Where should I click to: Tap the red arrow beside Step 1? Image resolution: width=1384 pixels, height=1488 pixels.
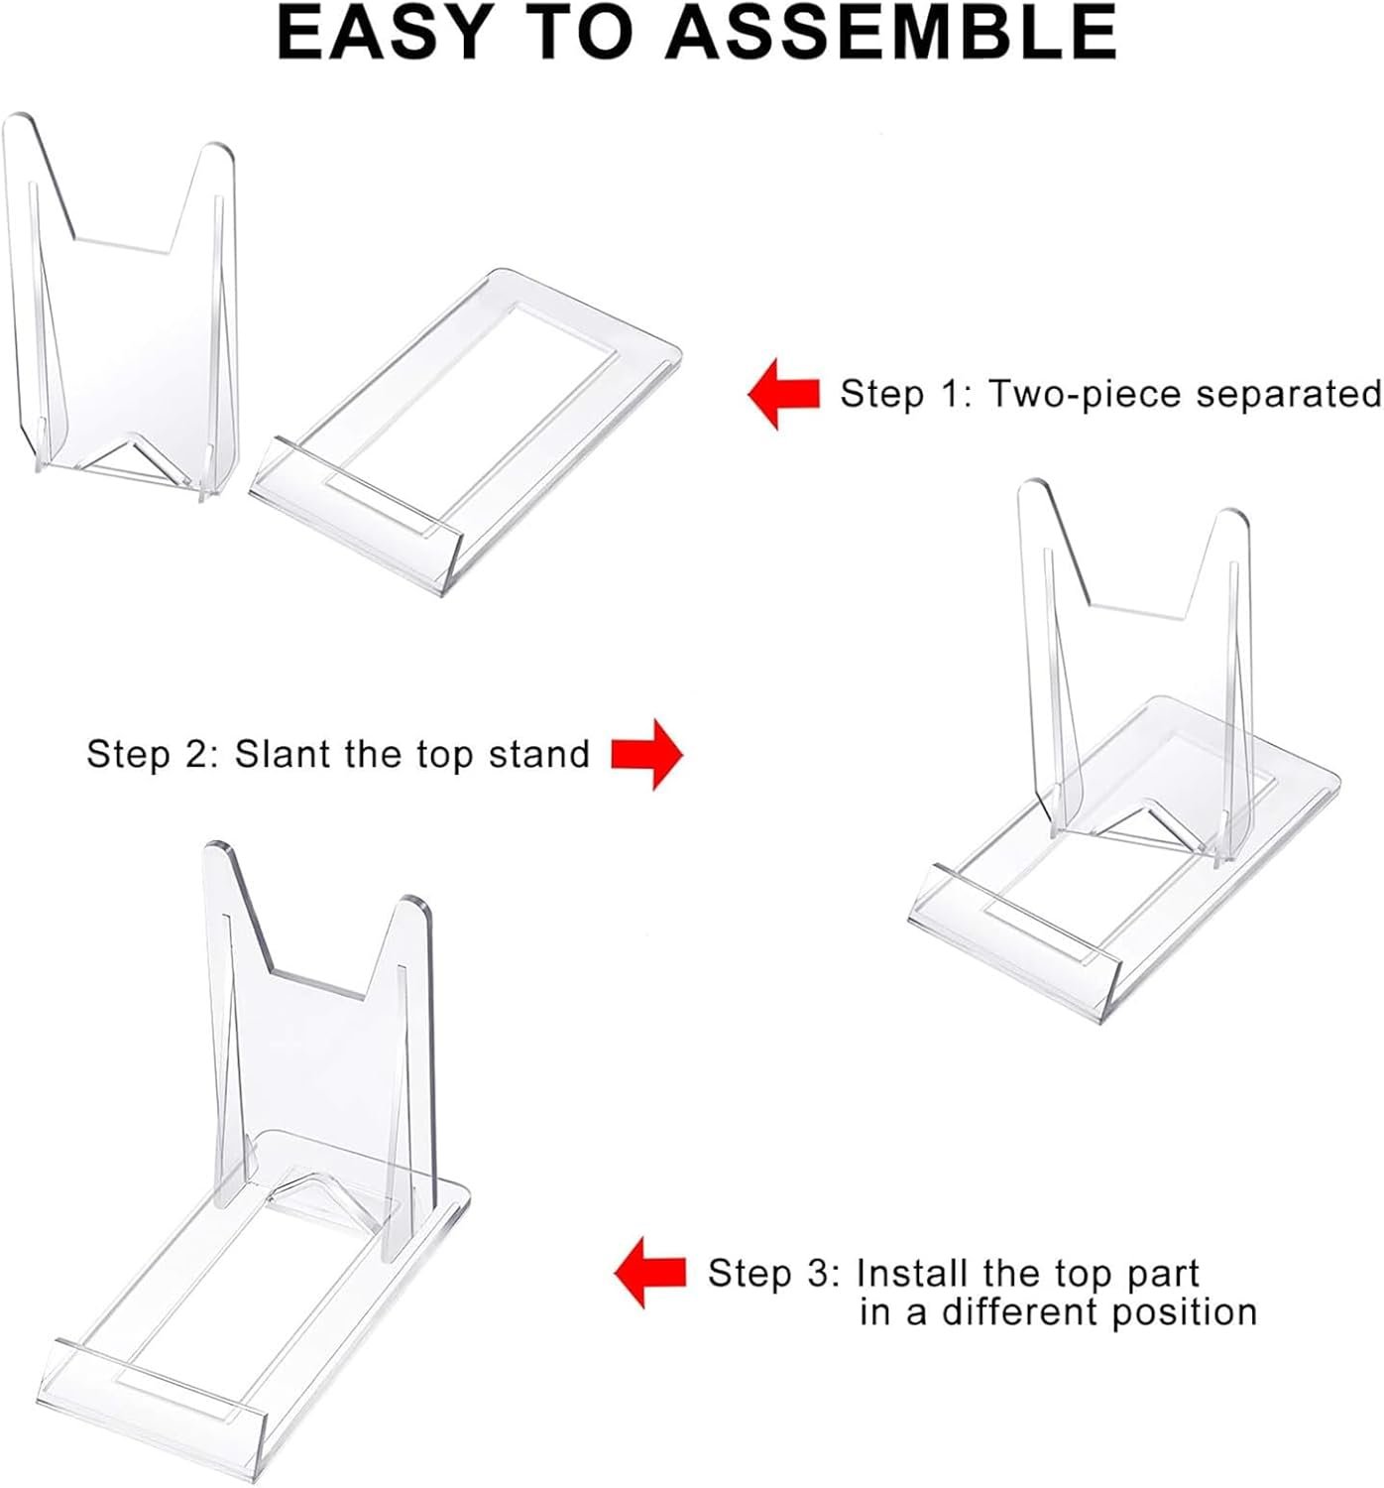pyautogui.click(x=783, y=394)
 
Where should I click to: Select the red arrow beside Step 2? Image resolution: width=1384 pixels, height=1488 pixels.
pyautogui.click(x=646, y=754)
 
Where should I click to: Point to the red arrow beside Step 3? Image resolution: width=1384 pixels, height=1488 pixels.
pyautogui.click(x=650, y=1272)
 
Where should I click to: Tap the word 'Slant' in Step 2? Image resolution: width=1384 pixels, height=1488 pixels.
pyautogui.click(x=284, y=754)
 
